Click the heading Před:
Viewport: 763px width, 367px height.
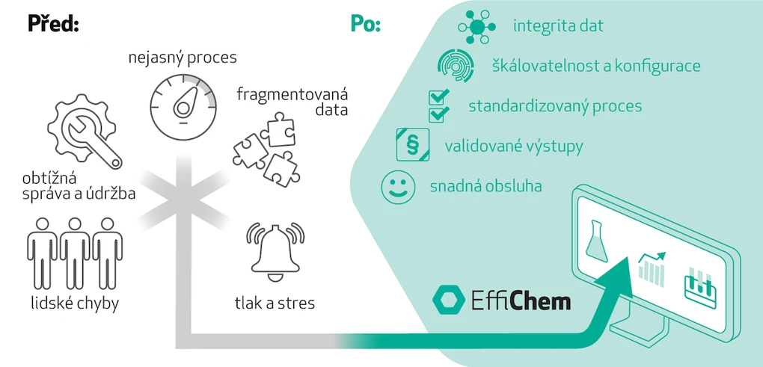click(53, 24)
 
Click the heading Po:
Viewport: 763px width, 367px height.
click(366, 24)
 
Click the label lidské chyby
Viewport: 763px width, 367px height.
click(75, 303)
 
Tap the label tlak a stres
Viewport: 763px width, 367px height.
click(275, 303)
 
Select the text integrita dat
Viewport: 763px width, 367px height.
click(558, 26)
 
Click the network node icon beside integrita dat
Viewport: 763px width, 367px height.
click(478, 26)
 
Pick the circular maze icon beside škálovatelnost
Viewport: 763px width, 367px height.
click(456, 66)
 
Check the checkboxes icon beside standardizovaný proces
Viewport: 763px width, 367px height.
click(438, 105)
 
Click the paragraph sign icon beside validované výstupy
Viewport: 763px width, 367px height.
click(412, 145)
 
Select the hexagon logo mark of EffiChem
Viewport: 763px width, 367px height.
click(449, 300)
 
